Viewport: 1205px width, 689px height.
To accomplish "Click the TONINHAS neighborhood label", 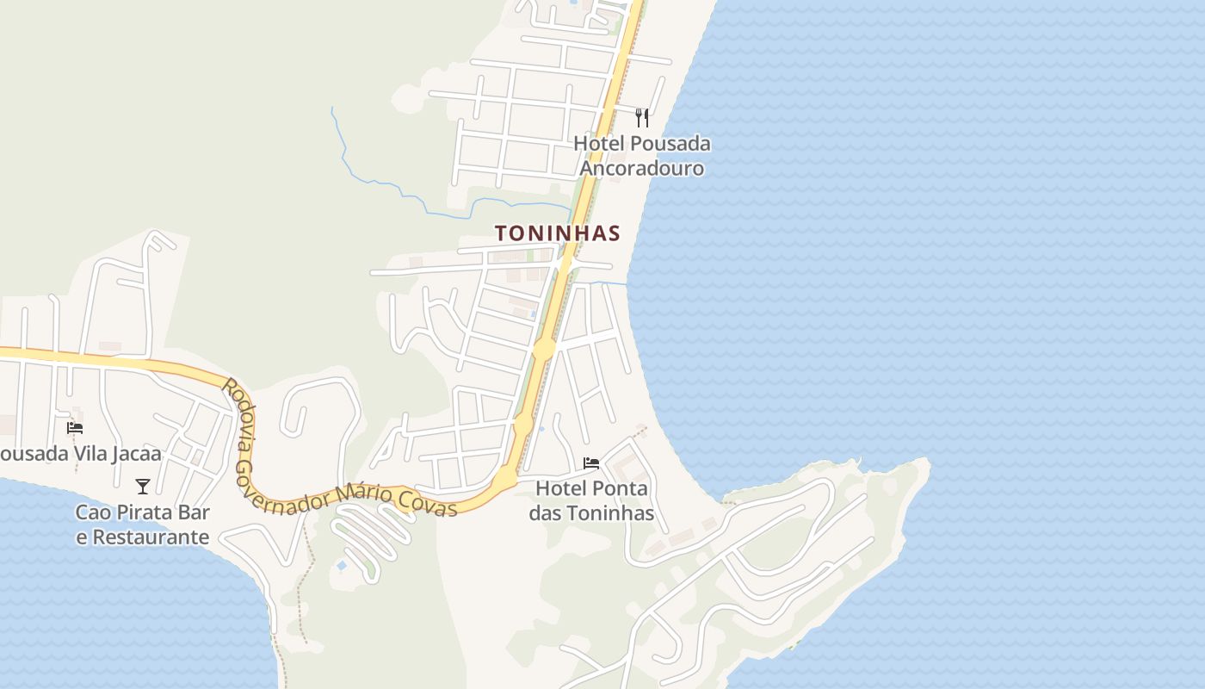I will click(x=557, y=233).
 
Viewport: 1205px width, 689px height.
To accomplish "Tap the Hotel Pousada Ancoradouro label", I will click(x=642, y=155).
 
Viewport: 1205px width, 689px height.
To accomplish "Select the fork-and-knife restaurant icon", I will click(x=642, y=117).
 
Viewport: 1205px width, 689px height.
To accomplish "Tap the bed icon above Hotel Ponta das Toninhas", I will click(x=591, y=463).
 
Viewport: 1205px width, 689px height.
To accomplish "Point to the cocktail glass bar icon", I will click(x=143, y=487).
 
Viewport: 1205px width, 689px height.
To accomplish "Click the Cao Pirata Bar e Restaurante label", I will click(x=143, y=525).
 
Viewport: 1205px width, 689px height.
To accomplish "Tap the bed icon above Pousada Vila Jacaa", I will click(x=75, y=427).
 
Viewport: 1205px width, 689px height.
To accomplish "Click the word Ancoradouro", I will click(x=642, y=168).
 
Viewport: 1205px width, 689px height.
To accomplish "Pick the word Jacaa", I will click(x=133, y=454).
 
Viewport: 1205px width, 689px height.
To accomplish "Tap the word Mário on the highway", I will click(x=376, y=495).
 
